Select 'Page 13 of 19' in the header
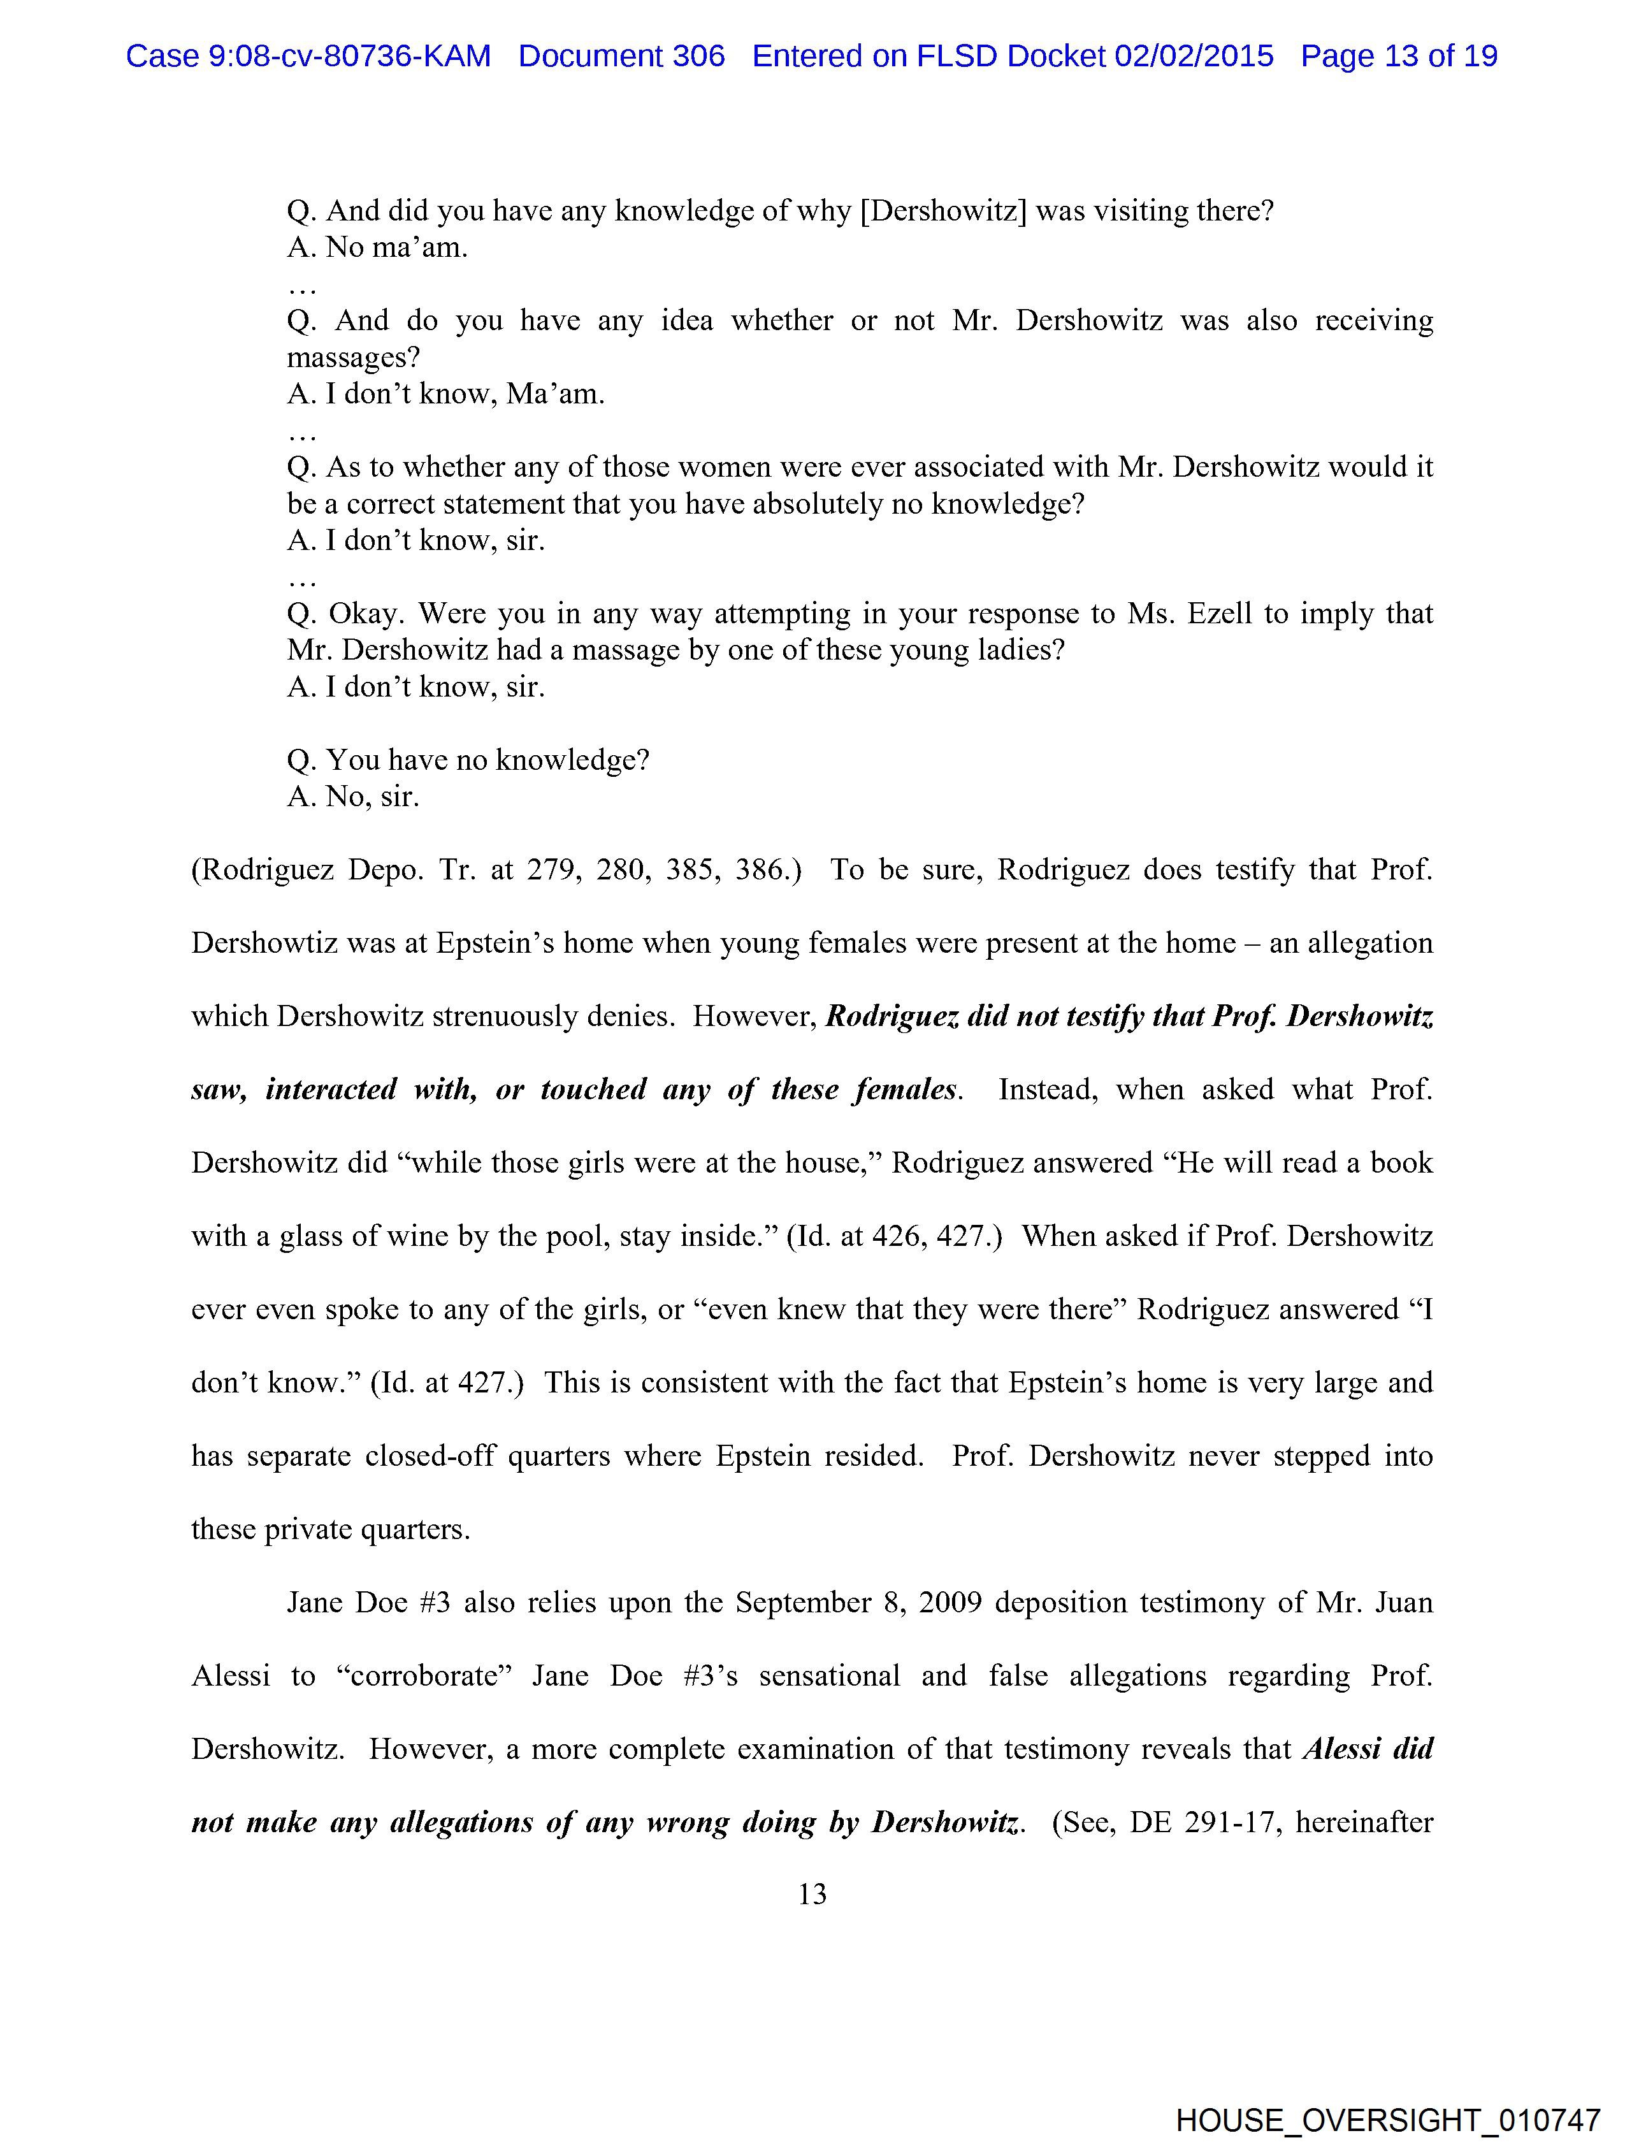[1399, 56]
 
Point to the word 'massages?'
[353, 357]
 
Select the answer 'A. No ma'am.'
[378, 247]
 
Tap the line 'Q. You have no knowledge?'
[468, 759]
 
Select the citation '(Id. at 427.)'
[447, 1382]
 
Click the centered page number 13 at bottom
[812, 1893]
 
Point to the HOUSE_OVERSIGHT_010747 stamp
[1387, 2119]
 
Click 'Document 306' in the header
[621, 56]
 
